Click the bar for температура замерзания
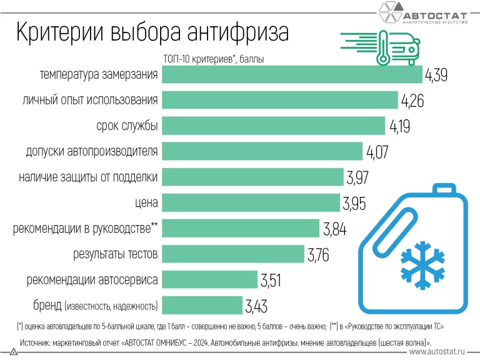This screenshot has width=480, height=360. [292, 75]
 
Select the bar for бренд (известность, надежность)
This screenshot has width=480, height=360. [202, 306]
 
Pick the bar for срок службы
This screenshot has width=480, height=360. [274, 126]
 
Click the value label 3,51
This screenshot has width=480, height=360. [272, 281]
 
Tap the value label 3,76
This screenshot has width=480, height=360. [317, 255]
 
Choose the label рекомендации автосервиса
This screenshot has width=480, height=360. [92, 279]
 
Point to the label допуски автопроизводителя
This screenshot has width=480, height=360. [92, 151]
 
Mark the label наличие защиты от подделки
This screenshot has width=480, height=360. [88, 177]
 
